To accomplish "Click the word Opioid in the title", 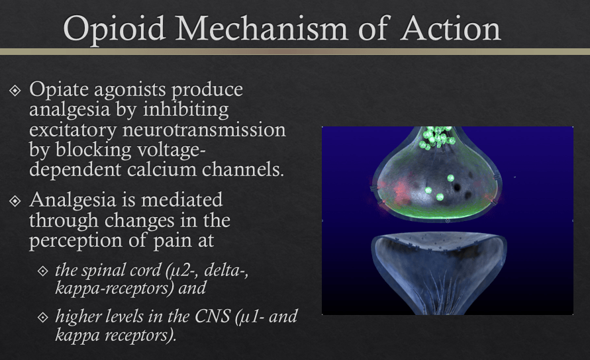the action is coord(115,29).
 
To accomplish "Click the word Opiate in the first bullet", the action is coord(59,90).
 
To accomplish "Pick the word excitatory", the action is coord(73,130).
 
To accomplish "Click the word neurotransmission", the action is coord(204,130).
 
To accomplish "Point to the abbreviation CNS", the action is coord(212,316).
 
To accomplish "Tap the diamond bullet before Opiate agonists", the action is coord(15,90).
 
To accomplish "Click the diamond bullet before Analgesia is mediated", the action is coord(15,201).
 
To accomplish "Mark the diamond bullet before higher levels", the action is coord(43,318).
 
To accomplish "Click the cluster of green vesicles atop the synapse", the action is coord(437,137).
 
